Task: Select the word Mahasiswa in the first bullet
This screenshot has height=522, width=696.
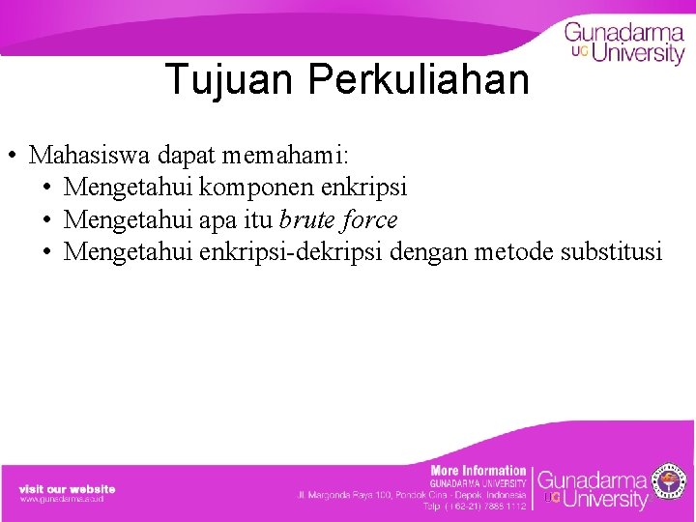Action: tap(85, 155)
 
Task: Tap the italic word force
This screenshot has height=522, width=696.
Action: tap(369, 219)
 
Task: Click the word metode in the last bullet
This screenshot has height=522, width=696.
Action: tap(518, 252)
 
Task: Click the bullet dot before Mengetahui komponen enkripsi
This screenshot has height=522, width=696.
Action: tap(48, 188)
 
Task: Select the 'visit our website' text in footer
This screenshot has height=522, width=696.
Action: tap(67, 488)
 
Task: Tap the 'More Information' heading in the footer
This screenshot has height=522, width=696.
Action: tap(478, 471)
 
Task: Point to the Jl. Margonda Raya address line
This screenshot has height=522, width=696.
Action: tap(412, 495)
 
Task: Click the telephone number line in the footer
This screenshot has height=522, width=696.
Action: tap(475, 506)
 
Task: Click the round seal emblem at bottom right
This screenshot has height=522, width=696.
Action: tap(669, 482)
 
